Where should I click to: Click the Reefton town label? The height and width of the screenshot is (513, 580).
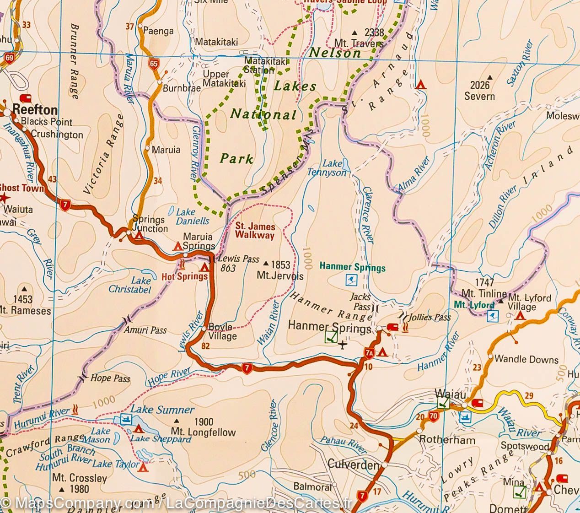pos(35,110)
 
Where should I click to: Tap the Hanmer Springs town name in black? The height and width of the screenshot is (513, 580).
pos(329,328)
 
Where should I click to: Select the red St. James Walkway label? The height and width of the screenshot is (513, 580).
pos(255,231)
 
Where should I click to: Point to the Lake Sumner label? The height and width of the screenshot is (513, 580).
pos(163,410)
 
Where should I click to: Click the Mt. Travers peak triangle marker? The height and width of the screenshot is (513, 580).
pos(355,33)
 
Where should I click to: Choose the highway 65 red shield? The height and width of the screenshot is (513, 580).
pos(153,63)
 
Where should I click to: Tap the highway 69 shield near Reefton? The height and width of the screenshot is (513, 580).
pos(9,58)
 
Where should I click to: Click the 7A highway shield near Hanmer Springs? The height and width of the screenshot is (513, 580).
pos(369,352)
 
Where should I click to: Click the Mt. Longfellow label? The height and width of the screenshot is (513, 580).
pos(203,432)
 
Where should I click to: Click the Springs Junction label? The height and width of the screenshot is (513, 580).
pos(150,224)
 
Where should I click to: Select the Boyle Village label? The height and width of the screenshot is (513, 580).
pos(223,332)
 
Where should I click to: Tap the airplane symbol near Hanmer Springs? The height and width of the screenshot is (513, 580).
pos(343,345)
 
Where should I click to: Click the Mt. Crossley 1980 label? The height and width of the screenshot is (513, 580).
pos(79,483)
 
